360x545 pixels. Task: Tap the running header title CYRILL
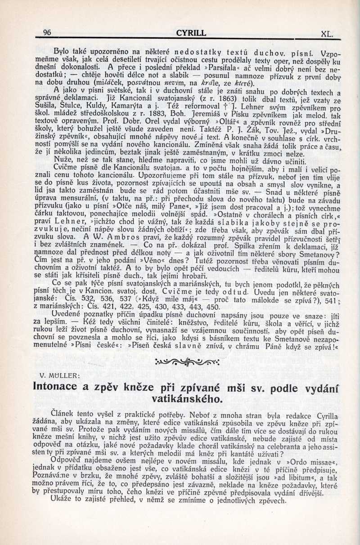click(191, 33)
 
